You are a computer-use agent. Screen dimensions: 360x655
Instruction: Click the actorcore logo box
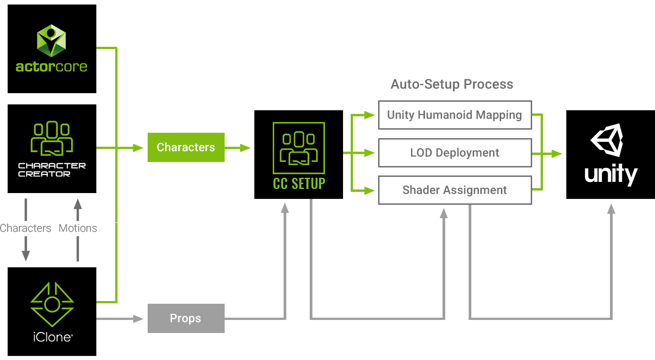52,49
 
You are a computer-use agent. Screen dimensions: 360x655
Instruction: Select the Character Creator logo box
52,148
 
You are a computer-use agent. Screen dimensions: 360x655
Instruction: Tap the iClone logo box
52,311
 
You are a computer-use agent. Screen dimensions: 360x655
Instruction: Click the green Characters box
186,147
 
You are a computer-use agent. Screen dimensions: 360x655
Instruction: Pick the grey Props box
186,318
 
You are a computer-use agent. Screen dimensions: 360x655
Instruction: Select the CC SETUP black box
298,154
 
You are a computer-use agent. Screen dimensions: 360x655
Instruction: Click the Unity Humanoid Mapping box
455,115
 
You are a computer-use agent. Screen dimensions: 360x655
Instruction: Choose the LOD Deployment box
455,153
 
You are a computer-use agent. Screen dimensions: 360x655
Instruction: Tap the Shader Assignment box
455,190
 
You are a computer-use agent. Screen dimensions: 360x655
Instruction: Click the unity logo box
610,154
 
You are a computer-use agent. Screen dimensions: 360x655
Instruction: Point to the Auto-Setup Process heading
452,84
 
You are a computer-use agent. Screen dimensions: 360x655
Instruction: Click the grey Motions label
78,228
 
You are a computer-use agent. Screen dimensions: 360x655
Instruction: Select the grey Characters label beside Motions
26,228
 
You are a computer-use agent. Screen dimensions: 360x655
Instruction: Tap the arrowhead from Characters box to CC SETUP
245,148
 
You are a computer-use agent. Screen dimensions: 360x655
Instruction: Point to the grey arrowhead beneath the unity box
611,209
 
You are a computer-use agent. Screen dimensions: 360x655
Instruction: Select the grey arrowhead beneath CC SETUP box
285,208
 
